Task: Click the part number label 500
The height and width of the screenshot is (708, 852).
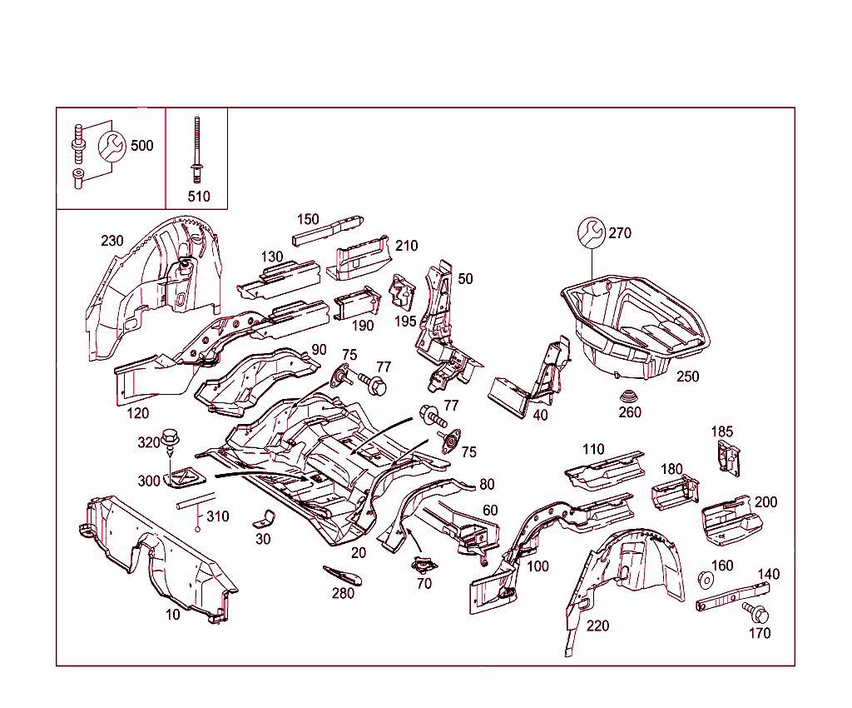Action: (141, 146)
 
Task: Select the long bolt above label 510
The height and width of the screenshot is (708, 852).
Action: (197, 150)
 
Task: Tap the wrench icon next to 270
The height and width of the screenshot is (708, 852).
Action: (591, 233)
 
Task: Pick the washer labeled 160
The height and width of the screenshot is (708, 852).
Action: (706, 578)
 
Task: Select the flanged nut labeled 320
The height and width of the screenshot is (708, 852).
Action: (172, 436)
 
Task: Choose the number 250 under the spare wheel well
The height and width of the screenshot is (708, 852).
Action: (687, 376)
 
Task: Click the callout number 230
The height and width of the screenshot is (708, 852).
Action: (112, 241)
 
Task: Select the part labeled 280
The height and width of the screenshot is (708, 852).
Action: (343, 574)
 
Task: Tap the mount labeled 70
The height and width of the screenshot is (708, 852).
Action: (425, 566)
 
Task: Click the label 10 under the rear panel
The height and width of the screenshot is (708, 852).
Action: (172, 614)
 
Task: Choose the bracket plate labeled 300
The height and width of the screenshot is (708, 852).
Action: (187, 477)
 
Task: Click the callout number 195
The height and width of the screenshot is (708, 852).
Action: (406, 321)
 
